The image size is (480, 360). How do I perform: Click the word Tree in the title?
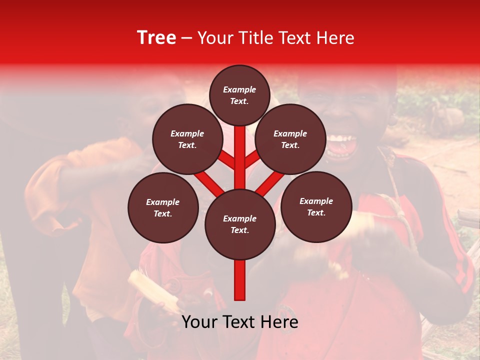coord(156,38)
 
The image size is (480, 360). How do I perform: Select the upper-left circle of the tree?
coord(187,139)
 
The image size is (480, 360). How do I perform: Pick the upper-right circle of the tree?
coord(290,139)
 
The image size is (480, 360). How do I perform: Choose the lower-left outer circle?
coord(163,207)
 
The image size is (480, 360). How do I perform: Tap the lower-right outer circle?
coord(316,206)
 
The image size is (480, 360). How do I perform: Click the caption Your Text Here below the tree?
coord(239,322)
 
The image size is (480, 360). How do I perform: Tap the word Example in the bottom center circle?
coord(239,218)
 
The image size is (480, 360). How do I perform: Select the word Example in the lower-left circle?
coord(162,202)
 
